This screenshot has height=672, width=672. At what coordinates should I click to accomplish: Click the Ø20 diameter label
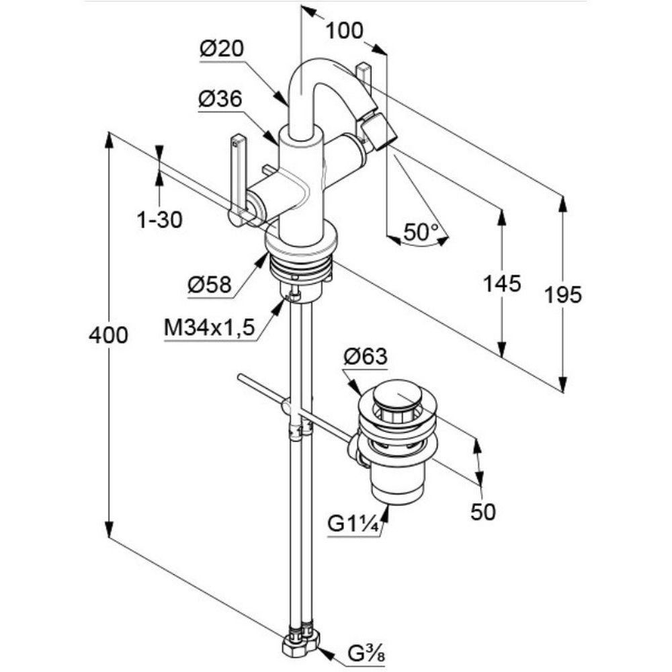(222, 49)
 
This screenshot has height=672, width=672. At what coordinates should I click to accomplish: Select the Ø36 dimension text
(220, 99)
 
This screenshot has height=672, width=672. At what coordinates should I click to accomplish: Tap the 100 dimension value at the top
(345, 30)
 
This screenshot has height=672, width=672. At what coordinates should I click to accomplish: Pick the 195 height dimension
(563, 294)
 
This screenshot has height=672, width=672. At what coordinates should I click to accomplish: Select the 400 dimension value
(108, 334)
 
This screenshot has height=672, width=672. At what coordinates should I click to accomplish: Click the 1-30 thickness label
(159, 219)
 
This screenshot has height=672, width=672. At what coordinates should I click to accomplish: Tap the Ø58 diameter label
(210, 286)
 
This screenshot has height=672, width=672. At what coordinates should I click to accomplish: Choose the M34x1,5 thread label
(210, 328)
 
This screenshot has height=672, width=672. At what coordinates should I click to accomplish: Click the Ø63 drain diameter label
(366, 357)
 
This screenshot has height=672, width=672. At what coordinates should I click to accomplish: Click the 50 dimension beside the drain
(482, 512)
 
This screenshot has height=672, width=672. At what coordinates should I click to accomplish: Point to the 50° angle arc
(420, 245)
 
